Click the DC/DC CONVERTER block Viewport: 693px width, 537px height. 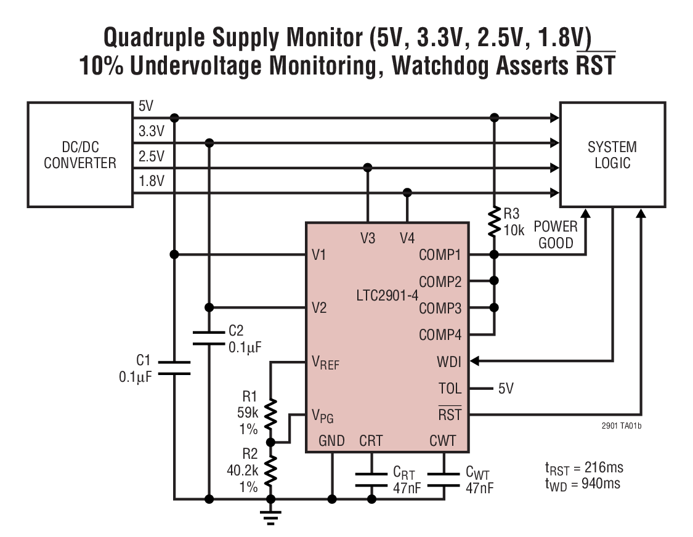coord(79,155)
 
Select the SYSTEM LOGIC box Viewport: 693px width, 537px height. coord(612,155)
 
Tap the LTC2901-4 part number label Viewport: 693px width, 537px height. coord(386,296)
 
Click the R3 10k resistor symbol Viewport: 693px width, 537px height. coord(493,222)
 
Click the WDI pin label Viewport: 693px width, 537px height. coord(448,361)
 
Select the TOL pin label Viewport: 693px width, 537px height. coord(449,389)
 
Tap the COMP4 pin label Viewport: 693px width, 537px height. coord(440,335)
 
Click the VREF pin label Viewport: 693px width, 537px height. coord(325,363)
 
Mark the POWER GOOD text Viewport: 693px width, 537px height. coord(555,235)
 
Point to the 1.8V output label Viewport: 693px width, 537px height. coord(152,182)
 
